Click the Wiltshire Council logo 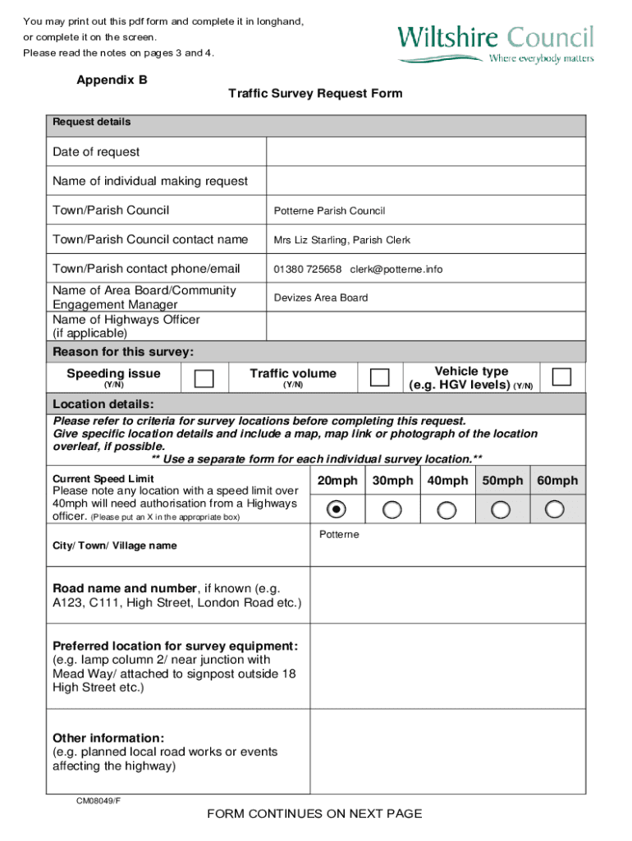[495, 44]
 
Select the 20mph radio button [337, 510]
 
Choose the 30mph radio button [392, 510]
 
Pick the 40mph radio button [447, 510]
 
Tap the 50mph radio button [501, 510]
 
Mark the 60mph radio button [556, 510]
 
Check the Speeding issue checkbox [204, 378]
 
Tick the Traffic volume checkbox [379, 377]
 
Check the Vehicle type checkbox [561, 377]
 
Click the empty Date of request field [425, 152]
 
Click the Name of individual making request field [425, 181]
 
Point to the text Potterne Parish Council [329, 211]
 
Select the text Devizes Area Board [320, 298]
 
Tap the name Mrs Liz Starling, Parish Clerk [341, 241]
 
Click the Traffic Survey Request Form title [315, 94]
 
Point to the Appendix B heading [112, 80]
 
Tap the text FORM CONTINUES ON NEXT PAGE [314, 814]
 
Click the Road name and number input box [447, 596]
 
